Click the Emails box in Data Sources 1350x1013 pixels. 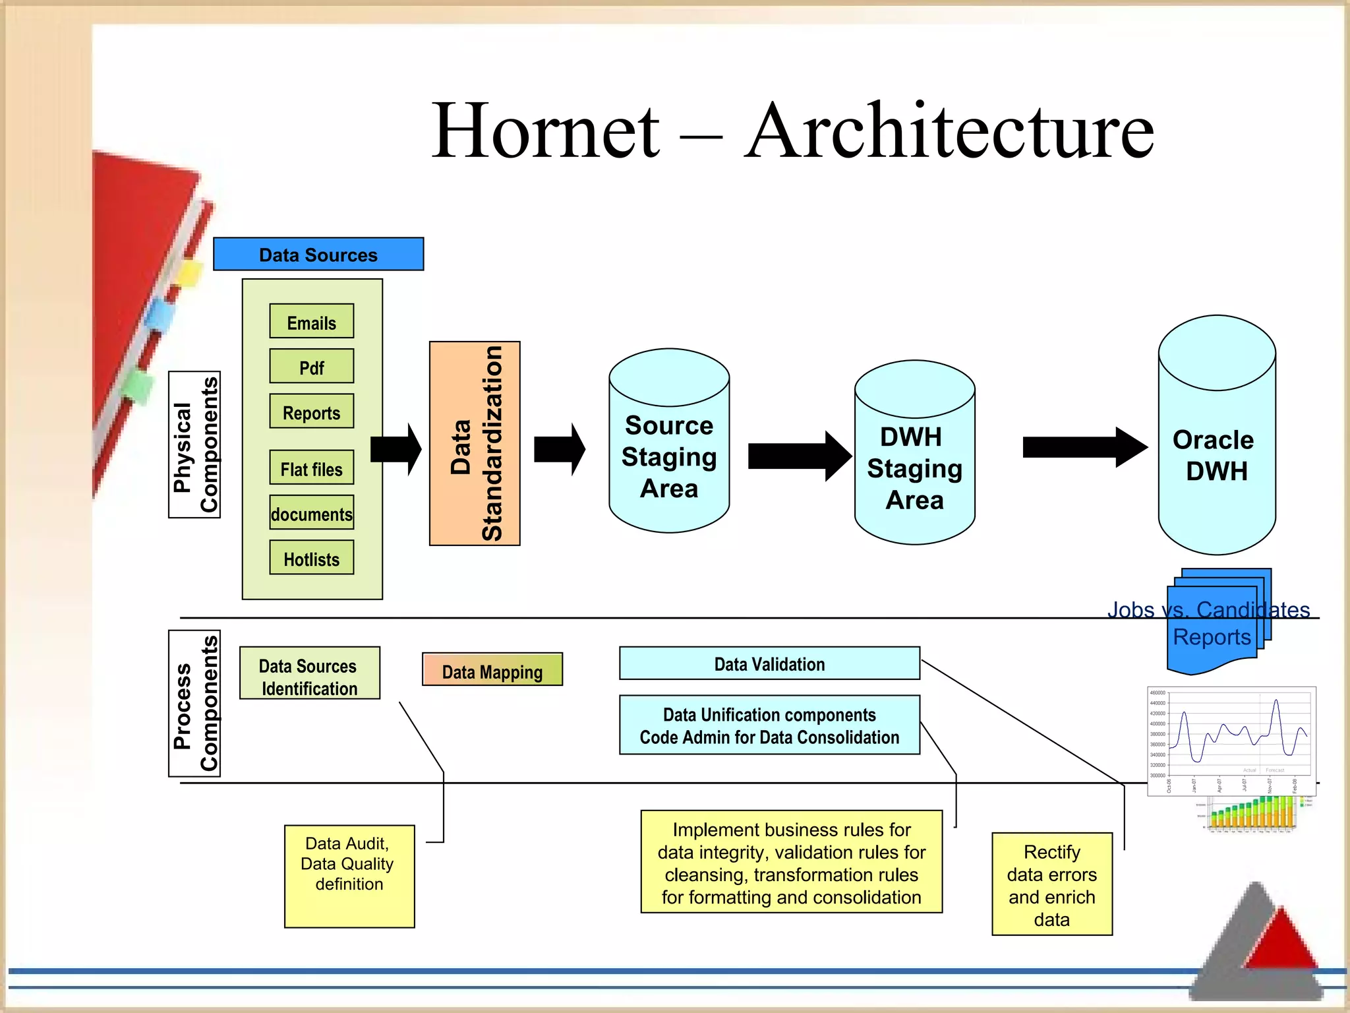tap(311, 321)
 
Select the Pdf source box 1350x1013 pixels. tap(311, 366)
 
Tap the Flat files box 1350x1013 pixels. tap(311, 468)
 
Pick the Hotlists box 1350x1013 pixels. tap(311, 558)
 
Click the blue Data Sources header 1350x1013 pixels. tap(318, 254)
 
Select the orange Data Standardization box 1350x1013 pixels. tap(475, 443)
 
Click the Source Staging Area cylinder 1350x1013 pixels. tap(669, 455)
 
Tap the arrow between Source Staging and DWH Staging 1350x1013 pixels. tap(798, 456)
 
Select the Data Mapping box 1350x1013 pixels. tap(492, 670)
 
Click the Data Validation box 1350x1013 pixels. tap(769, 663)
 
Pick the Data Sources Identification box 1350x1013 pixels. tap(309, 673)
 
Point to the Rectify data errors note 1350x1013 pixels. tap(1051, 884)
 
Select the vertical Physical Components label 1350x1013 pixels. tap(194, 445)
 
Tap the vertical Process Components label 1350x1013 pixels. tap(194, 703)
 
